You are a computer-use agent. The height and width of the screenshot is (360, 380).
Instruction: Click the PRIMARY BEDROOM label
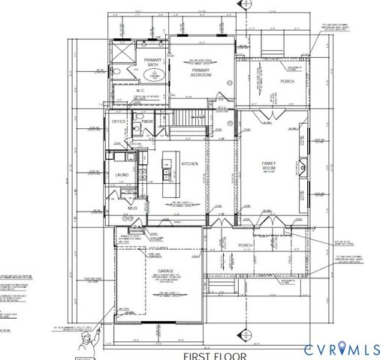tap(201, 73)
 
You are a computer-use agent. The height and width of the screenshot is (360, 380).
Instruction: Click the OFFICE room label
tap(119, 121)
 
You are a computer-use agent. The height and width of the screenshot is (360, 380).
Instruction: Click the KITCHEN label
tap(189, 163)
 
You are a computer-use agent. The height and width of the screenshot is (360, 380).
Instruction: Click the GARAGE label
tap(165, 271)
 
